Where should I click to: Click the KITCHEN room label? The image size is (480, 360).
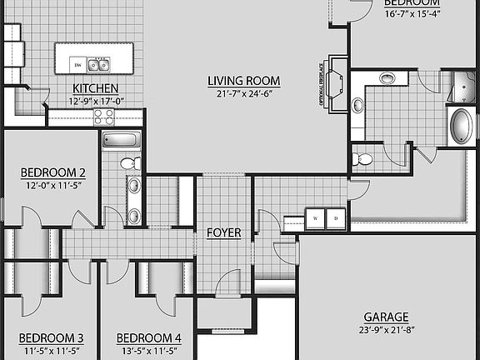pyautogui.click(x=95, y=88)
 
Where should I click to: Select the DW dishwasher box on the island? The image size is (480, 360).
pyautogui.click(x=77, y=64)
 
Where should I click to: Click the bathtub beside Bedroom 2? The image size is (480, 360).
pyautogui.click(x=122, y=139)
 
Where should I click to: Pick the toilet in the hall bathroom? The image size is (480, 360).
pyautogui.click(x=130, y=162)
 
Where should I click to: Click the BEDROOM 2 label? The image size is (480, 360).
pyautogui.click(x=53, y=173)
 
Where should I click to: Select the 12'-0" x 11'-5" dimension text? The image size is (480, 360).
pyautogui.click(x=53, y=186)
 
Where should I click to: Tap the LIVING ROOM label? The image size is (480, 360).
pyautogui.click(x=243, y=81)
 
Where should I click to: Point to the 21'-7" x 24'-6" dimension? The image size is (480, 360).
pyautogui.click(x=243, y=93)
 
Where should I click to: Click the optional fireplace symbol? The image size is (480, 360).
pyautogui.click(x=335, y=82)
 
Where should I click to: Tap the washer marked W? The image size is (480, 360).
pyautogui.click(x=316, y=218)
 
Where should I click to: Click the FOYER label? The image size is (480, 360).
pyautogui.click(x=223, y=232)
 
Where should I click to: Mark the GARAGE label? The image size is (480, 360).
pyautogui.click(x=386, y=317)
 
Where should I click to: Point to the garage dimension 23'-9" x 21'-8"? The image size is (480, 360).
pyautogui.click(x=386, y=330)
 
